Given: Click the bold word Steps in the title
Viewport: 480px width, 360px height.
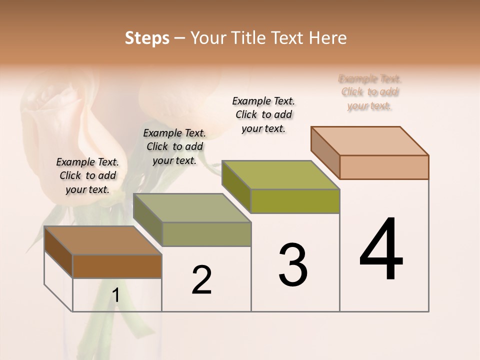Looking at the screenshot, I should (x=147, y=38).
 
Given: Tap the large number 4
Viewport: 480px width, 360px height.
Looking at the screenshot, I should (x=381, y=250).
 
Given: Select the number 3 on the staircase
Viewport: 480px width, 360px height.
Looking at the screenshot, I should (x=293, y=264).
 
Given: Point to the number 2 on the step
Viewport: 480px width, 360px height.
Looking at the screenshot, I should (x=202, y=280).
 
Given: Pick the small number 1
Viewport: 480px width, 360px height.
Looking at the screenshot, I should (x=115, y=295).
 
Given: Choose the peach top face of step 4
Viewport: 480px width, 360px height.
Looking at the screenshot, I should (x=370, y=141).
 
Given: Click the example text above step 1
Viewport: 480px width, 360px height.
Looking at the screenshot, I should (x=87, y=175).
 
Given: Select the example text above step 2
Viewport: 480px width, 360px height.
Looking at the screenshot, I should (x=174, y=146).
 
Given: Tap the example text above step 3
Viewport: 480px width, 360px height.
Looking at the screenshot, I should (x=263, y=114).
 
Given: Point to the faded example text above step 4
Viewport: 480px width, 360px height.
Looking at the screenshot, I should (x=370, y=92).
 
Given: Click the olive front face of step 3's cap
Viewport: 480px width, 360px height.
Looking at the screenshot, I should (x=295, y=201).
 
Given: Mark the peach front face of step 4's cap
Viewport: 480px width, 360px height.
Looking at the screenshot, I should (x=384, y=167).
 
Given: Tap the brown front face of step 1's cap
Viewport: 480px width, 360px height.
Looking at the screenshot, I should (x=117, y=266).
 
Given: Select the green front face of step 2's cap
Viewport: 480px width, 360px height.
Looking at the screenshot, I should (x=206, y=234).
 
